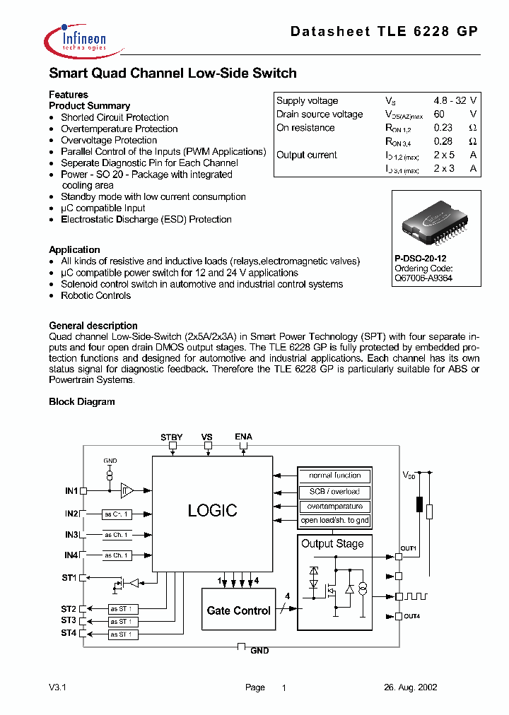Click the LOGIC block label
click(x=212, y=510)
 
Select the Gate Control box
click(x=238, y=610)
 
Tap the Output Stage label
click(x=332, y=543)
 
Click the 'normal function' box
click(x=334, y=475)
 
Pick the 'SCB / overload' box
click(x=334, y=491)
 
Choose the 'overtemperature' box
click(x=334, y=506)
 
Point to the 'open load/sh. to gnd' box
click(x=334, y=521)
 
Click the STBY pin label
click(x=171, y=437)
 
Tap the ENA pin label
click(x=243, y=437)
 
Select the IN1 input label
click(x=71, y=490)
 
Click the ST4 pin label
click(x=68, y=633)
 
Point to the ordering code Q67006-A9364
click(x=423, y=278)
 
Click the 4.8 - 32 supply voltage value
click(x=450, y=101)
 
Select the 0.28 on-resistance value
click(x=443, y=141)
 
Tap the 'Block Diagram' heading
click(x=81, y=401)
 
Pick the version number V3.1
click(x=57, y=687)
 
